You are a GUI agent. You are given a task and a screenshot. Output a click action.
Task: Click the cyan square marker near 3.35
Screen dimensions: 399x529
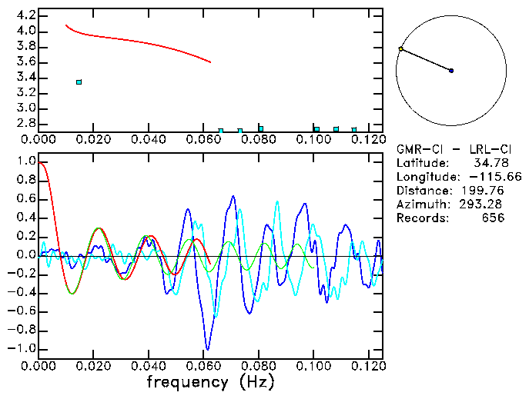tap(79, 81)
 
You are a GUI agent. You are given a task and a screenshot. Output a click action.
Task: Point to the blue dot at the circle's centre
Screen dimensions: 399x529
tap(451, 71)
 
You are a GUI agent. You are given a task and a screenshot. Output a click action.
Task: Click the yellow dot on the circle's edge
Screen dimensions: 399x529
tap(401, 49)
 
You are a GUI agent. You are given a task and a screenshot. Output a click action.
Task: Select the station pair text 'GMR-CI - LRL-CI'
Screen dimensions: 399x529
tap(451, 149)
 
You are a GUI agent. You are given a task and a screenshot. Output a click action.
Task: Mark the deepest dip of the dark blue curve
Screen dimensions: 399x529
tap(206, 348)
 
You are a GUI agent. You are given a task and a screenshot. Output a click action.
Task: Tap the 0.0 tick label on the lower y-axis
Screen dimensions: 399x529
tap(25, 255)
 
